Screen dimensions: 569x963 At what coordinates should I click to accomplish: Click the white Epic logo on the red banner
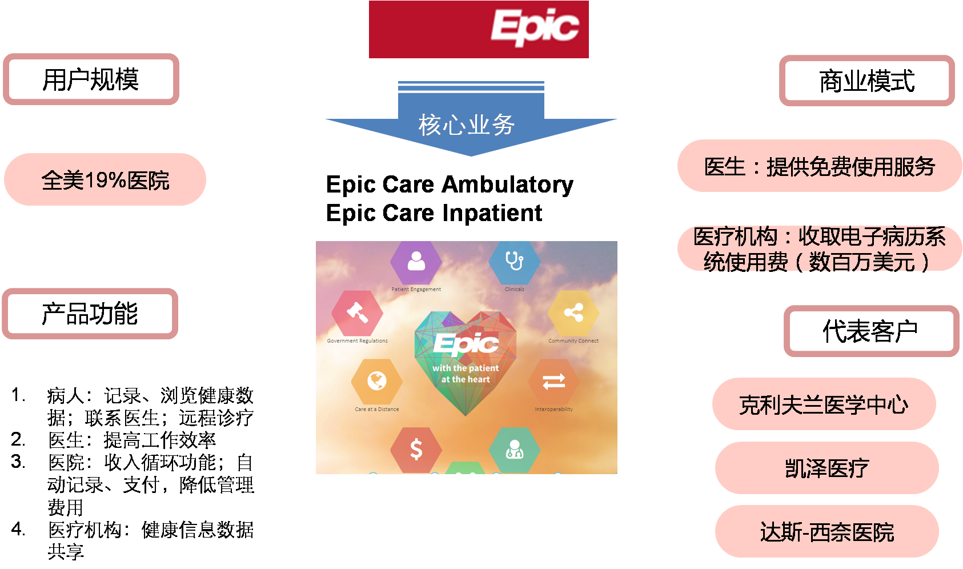(x=535, y=27)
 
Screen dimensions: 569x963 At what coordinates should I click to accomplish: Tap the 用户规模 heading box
(x=91, y=79)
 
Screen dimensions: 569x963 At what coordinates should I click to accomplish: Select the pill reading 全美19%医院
(x=105, y=179)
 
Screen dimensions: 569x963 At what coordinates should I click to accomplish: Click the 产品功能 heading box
(x=90, y=314)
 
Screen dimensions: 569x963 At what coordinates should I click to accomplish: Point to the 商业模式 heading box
(x=866, y=81)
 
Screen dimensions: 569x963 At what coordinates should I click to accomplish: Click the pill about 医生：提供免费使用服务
(x=820, y=166)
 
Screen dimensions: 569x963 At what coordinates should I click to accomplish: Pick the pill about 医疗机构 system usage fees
(x=820, y=249)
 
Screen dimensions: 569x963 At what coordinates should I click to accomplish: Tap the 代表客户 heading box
(x=870, y=331)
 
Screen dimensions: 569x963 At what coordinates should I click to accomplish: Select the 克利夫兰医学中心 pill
(x=824, y=404)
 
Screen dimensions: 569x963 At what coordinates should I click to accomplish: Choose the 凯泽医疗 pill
(x=826, y=468)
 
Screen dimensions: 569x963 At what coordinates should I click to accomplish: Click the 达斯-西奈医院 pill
(x=826, y=532)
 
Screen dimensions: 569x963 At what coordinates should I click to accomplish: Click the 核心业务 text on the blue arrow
(x=467, y=125)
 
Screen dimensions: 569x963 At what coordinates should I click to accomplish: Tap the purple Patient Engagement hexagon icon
(x=416, y=262)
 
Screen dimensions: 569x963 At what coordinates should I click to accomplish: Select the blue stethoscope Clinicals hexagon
(x=514, y=261)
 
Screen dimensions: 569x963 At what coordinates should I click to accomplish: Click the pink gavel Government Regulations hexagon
(x=357, y=312)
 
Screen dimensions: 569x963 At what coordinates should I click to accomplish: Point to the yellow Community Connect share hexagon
(x=573, y=312)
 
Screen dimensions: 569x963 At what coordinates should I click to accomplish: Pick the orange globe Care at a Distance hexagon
(x=376, y=381)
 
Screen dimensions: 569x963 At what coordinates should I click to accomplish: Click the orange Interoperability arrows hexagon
(x=553, y=381)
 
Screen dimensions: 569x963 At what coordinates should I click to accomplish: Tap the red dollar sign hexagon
(x=416, y=450)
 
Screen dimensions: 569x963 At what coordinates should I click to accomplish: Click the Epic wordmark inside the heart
(x=466, y=344)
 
